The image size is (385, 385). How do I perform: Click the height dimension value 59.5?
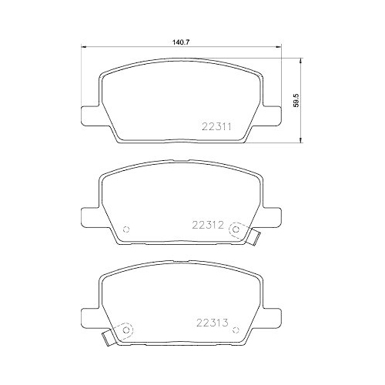coord(296,99)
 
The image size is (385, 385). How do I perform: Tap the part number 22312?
coord(207,226)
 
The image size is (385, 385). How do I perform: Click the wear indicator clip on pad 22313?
coord(108,336)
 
